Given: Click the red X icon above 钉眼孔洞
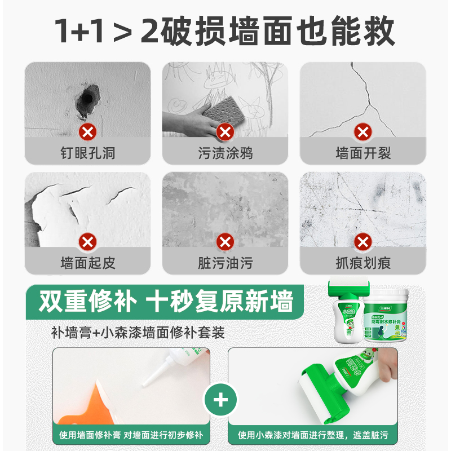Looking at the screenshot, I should pyautogui.click(x=87, y=132).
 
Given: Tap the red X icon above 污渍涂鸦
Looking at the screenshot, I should pyautogui.click(x=225, y=132).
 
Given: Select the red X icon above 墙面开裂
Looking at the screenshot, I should pyautogui.click(x=362, y=132).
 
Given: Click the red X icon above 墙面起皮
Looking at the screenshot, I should pyautogui.click(x=87, y=242).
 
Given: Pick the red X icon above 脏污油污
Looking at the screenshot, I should pyautogui.click(x=225, y=242).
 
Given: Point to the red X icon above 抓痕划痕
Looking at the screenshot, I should pyautogui.click(x=362, y=242).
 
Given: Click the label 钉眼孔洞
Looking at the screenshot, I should pyautogui.click(x=87, y=153).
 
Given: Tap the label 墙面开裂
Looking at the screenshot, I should pyautogui.click(x=362, y=153).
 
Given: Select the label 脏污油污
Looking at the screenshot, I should pyautogui.click(x=225, y=263).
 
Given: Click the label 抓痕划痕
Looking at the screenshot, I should pyautogui.click(x=362, y=263).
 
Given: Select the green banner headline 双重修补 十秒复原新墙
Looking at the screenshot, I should pyautogui.click(x=166, y=303).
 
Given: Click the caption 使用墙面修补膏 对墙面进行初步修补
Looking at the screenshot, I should pyautogui.click(x=131, y=435).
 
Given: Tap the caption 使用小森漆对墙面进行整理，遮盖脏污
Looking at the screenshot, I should pyautogui.click(x=312, y=435).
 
